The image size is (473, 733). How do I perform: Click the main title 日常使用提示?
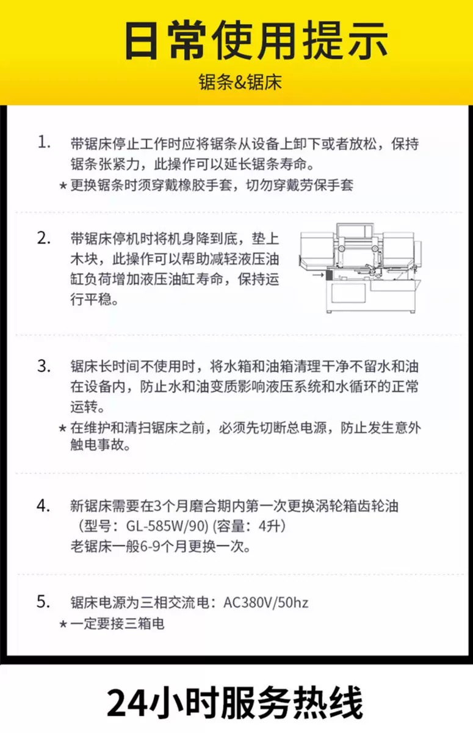256,40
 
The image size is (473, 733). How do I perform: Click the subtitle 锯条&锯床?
240,82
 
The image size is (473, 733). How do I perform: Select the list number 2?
44,238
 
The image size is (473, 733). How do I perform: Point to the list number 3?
44,365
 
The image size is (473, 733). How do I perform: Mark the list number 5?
44,601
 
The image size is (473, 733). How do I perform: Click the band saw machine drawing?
360,268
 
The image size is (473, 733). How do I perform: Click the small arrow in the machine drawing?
318,275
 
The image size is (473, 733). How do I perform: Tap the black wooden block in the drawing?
329,274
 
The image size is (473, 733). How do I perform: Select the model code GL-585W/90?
167,526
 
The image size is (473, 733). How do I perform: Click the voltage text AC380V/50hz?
265,602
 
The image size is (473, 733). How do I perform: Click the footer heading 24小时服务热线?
235,702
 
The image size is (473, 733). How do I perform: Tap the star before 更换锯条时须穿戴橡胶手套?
63,186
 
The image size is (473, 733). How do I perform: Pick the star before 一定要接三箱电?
63,624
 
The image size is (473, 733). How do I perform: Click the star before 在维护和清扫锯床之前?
63,428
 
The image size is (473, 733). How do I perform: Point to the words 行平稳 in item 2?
91,299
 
